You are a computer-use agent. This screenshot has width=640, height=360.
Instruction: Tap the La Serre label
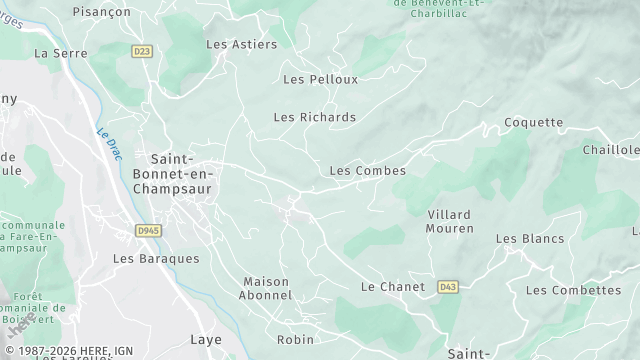(x=55, y=53)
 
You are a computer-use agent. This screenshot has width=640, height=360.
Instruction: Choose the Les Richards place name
(x=314, y=117)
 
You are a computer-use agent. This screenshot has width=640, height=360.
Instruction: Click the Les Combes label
(x=367, y=171)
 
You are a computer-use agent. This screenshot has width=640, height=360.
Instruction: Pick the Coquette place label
(x=534, y=123)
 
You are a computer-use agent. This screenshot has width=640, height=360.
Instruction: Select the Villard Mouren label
(x=449, y=222)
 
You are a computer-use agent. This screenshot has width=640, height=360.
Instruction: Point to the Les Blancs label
(x=530, y=239)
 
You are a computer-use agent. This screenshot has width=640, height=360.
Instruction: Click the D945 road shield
(x=147, y=230)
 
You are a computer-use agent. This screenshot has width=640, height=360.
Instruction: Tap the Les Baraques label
(x=156, y=258)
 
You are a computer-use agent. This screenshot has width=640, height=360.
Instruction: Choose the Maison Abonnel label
(x=267, y=289)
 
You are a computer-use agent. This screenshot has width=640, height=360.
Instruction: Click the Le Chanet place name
(x=392, y=287)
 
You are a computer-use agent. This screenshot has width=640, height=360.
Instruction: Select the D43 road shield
(x=447, y=287)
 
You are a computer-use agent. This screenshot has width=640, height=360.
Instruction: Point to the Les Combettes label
(x=573, y=290)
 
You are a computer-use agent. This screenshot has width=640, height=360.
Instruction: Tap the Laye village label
(x=206, y=340)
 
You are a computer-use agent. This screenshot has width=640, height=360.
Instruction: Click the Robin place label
(x=295, y=340)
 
